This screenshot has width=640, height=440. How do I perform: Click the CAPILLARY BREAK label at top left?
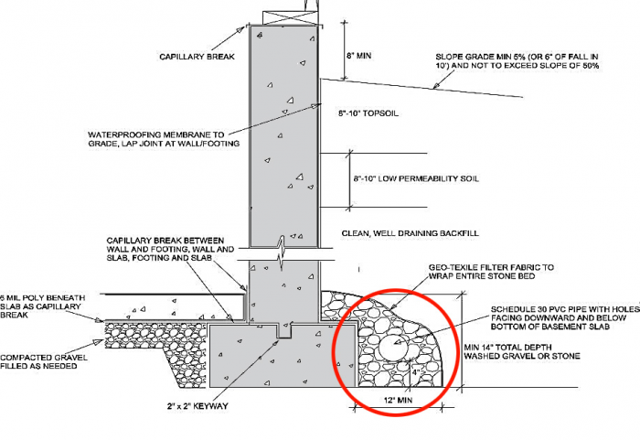pyautogui.click(x=197, y=57)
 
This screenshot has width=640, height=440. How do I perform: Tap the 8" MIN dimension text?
pyautogui.click(x=359, y=55)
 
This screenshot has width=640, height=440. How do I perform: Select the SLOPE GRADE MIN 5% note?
pyautogui.click(x=517, y=61)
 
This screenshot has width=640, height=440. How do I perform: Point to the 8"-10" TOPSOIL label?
pyautogui.click(x=368, y=113)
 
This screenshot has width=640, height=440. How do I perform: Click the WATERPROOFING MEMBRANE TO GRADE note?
pyautogui.click(x=164, y=139)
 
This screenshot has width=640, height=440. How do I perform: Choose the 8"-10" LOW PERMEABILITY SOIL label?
pyautogui.click(x=416, y=178)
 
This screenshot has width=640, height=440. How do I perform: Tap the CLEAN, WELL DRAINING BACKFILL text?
pyautogui.click(x=410, y=233)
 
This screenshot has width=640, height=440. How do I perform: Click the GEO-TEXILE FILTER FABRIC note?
pyautogui.click(x=491, y=272)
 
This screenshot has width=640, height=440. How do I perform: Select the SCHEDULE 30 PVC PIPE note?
pyautogui.click(x=565, y=317)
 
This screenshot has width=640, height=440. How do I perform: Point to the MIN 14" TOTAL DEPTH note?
pyautogui.click(x=522, y=352)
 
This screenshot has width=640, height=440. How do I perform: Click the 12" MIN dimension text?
pyautogui.click(x=398, y=400)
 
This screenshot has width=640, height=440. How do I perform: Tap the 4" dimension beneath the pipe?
pyautogui.click(x=416, y=372)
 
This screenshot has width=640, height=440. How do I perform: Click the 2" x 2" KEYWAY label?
pyautogui.click(x=197, y=406)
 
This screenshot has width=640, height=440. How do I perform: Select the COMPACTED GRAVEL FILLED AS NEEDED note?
pyautogui.click(x=44, y=361)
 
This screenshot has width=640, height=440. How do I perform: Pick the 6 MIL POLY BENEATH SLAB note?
pyautogui.click(x=42, y=306)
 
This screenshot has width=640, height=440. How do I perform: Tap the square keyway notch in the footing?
pyautogui.click(x=284, y=330)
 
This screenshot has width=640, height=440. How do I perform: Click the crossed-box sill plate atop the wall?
pyautogui.click(x=290, y=18)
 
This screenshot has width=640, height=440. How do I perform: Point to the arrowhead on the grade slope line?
pyautogui.click(x=436, y=86)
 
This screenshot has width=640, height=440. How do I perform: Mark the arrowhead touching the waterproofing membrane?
pyautogui.click(x=315, y=106)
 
